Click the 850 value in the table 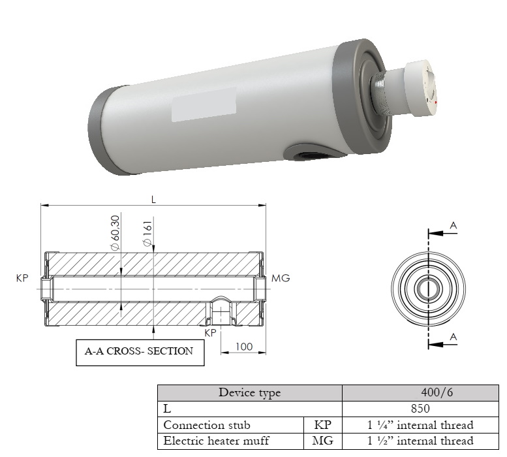click(420, 409)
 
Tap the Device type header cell click(250, 392)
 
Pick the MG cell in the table click(322, 441)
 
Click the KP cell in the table click(322, 424)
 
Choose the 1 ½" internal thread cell click(420, 441)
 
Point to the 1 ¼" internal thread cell click(420, 424)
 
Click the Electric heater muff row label click(216, 441)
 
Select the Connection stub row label click(207, 424)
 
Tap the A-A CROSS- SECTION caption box click(140, 353)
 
